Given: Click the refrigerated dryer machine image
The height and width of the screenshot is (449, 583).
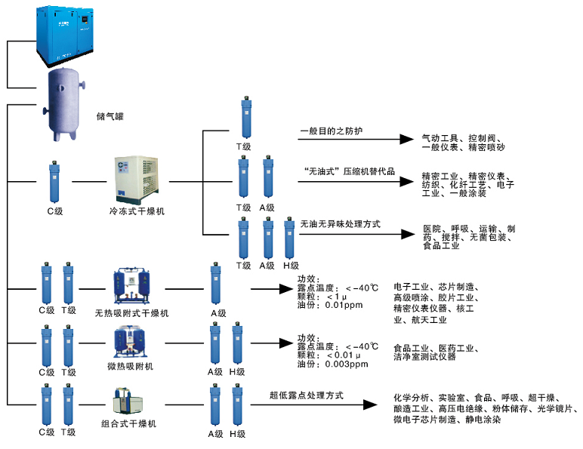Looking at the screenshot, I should (x=138, y=180).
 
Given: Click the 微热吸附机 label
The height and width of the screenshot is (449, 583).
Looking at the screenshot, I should (x=131, y=366).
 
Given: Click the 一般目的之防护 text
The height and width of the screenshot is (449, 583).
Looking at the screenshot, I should (x=332, y=131).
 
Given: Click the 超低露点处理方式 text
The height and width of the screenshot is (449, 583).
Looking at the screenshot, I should (x=306, y=394).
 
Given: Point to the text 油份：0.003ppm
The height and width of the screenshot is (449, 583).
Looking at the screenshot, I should (x=332, y=364).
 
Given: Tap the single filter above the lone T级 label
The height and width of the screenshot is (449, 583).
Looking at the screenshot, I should (x=244, y=118).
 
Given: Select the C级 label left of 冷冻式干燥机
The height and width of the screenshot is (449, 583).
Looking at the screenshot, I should (x=54, y=212).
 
